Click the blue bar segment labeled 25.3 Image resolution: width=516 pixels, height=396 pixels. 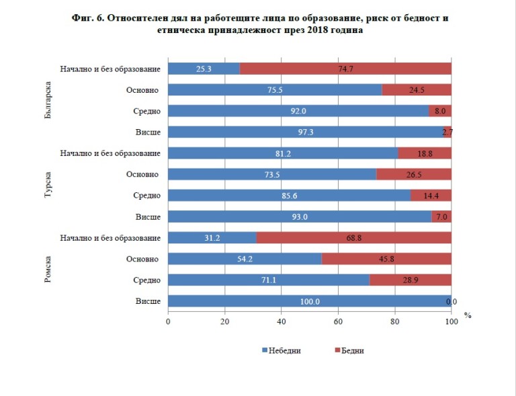(x=203, y=69)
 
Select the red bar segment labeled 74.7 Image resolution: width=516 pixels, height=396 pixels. (x=345, y=69)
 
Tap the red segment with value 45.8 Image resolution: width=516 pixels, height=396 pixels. (x=386, y=259)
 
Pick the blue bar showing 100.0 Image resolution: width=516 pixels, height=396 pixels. (x=308, y=301)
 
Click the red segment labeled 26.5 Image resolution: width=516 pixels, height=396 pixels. (x=414, y=175)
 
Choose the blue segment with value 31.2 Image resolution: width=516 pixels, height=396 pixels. (x=212, y=238)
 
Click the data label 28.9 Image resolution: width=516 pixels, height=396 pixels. (x=411, y=280)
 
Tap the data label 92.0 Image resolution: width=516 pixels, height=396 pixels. (x=298, y=111)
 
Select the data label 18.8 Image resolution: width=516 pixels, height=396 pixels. (x=425, y=153)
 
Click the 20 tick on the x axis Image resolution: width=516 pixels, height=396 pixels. (x=224, y=321)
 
